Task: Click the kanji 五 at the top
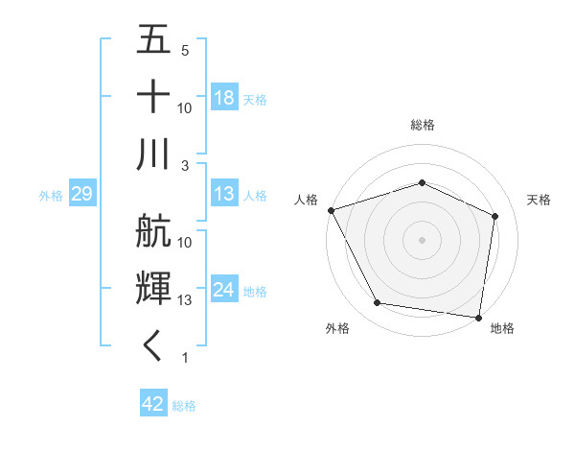click(153, 40)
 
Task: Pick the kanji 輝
click(153, 289)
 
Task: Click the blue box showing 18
click(224, 98)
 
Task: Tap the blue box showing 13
click(224, 195)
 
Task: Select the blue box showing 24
click(224, 290)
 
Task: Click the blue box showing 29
click(81, 195)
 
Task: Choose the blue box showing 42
click(153, 404)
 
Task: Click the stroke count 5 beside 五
click(185, 51)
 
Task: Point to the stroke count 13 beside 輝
click(185, 300)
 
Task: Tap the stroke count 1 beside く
click(184, 358)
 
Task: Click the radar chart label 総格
click(422, 125)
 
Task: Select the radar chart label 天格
click(539, 200)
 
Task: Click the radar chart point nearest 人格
click(331, 210)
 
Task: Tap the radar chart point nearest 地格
click(478, 317)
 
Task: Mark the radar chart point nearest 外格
click(377, 303)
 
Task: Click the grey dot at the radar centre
click(422, 240)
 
